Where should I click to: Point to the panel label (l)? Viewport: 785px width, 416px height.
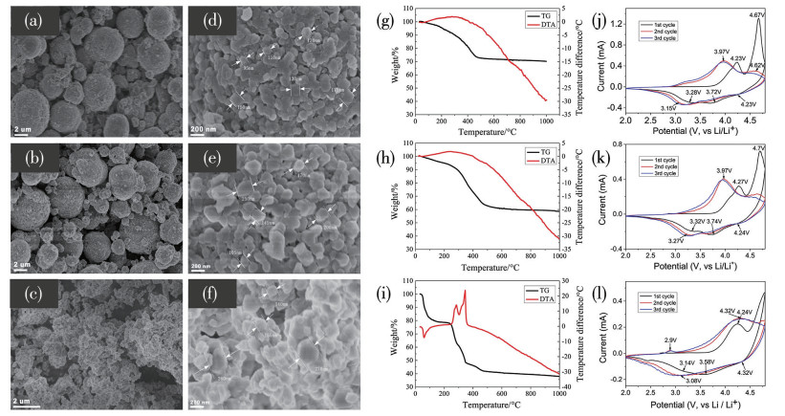(x=621, y=292)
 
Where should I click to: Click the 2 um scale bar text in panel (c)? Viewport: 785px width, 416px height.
(x=24, y=397)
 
